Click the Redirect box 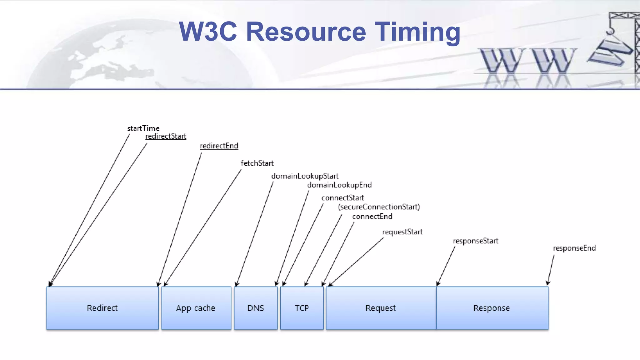click(x=102, y=308)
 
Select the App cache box click(x=196, y=308)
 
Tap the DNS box click(x=256, y=308)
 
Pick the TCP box click(x=302, y=308)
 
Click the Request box click(x=381, y=308)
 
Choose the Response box click(x=492, y=308)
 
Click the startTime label click(x=143, y=128)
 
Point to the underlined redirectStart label click(x=166, y=136)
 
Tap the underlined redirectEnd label click(x=219, y=146)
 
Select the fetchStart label click(x=257, y=163)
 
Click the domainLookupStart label click(x=305, y=176)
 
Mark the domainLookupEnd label click(x=339, y=185)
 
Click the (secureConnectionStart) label click(x=379, y=207)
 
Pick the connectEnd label click(x=372, y=217)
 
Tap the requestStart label click(x=402, y=232)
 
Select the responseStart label click(x=476, y=241)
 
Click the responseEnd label click(x=574, y=248)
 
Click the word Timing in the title click(x=417, y=32)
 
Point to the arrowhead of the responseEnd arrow click(x=547, y=283)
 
